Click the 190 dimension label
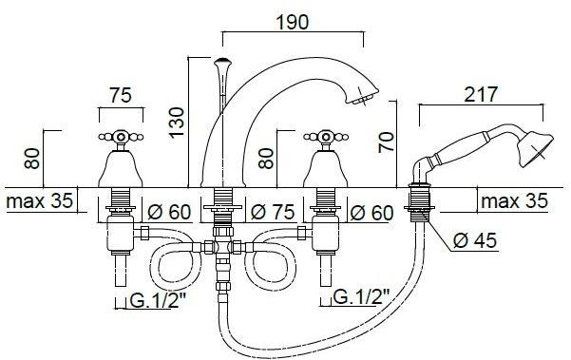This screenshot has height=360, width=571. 293,22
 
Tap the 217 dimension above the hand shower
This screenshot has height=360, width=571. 481,94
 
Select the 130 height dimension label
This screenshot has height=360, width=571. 178,123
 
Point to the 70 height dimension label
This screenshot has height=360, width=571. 387,142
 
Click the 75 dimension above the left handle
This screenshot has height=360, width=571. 121,95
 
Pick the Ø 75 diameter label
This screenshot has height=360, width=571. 273,212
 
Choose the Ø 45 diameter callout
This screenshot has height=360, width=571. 475,240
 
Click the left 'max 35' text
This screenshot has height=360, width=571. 39,201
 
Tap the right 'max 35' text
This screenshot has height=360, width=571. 515,201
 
